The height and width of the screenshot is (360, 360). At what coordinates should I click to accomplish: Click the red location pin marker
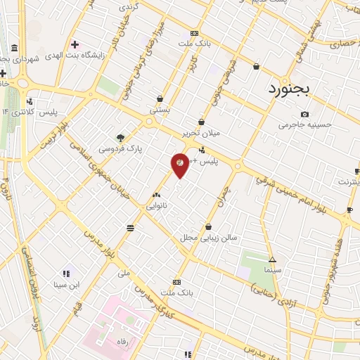click(180, 165)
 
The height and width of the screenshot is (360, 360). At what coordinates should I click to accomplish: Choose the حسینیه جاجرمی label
click(304, 125)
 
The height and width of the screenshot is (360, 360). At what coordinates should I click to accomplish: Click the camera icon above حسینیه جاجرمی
click(304, 114)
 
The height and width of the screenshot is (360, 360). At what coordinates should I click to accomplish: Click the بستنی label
click(160, 110)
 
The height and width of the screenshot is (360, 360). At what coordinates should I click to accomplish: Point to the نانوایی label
click(156, 206)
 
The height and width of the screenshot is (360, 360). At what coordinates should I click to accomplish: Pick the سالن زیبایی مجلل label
click(210, 238)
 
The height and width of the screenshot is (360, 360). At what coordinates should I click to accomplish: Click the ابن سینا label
click(66, 285)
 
